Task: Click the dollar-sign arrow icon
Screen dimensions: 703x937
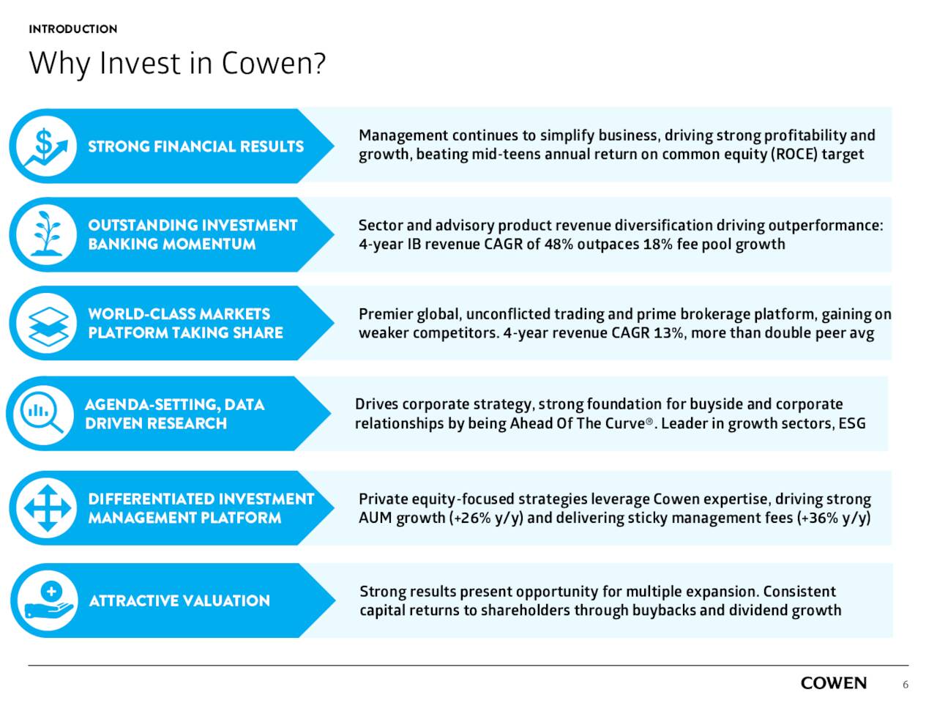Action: tap(46, 146)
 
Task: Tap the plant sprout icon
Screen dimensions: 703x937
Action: tap(46, 234)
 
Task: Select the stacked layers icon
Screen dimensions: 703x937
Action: tap(46, 324)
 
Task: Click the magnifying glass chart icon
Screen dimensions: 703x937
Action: tap(43, 414)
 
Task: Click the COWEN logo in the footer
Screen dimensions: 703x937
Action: tap(833, 683)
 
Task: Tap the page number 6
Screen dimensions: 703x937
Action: tap(906, 685)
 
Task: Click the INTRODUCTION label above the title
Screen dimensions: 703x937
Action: tap(72, 29)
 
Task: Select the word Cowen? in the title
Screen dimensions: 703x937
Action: tap(273, 63)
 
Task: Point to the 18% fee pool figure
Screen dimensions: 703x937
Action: tap(657, 245)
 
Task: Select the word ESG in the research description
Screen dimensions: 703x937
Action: tap(852, 423)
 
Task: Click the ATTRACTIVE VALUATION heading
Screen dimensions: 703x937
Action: tap(179, 601)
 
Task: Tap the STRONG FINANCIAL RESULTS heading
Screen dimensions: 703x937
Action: tap(195, 146)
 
